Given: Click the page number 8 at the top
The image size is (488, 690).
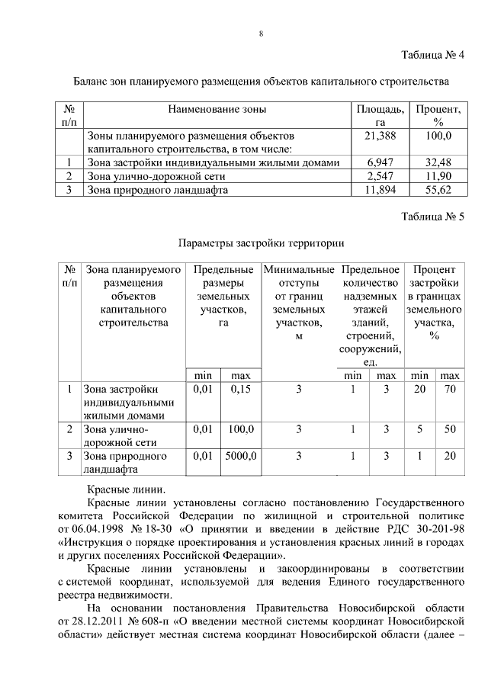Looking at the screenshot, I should click(x=261, y=34).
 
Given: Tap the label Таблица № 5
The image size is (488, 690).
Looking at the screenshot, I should click(x=432, y=217).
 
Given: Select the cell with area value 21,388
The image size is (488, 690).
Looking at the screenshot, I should click(x=380, y=135).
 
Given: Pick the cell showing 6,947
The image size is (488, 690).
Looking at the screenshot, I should click(x=380, y=162).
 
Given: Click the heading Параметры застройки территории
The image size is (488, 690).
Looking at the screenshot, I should click(x=261, y=243).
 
